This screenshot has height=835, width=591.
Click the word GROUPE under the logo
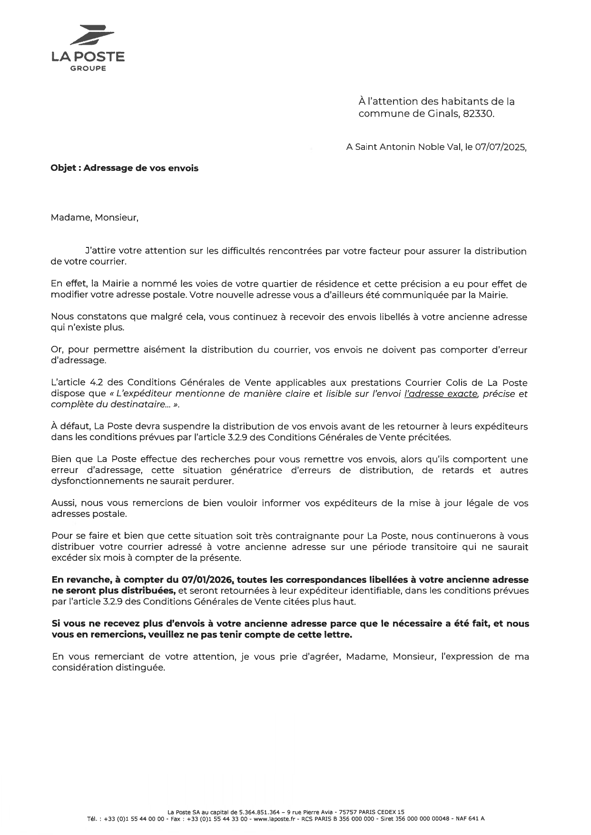[89, 69]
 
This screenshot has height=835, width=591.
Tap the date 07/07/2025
[500, 147]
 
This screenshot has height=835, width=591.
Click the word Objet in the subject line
[63, 168]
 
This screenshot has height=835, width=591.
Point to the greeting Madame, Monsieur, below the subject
[94, 218]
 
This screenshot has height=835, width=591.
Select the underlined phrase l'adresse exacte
[441, 394]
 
